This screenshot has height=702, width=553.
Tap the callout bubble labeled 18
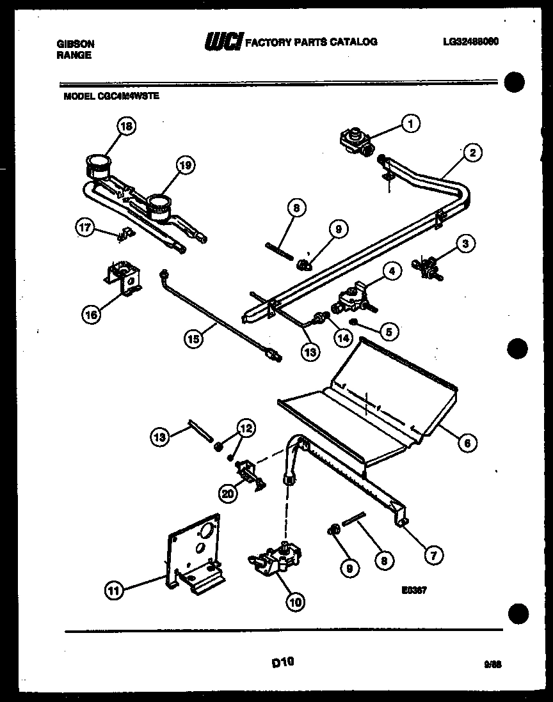[x=127, y=127]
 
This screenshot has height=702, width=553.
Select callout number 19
[x=184, y=166]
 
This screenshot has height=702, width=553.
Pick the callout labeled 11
[x=113, y=591]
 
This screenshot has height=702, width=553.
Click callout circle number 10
[x=296, y=601]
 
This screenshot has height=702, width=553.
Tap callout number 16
[x=92, y=314]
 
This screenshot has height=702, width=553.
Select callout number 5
[x=388, y=331]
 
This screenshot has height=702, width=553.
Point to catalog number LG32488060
[x=470, y=42]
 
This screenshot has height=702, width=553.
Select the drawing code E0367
[x=411, y=591]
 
